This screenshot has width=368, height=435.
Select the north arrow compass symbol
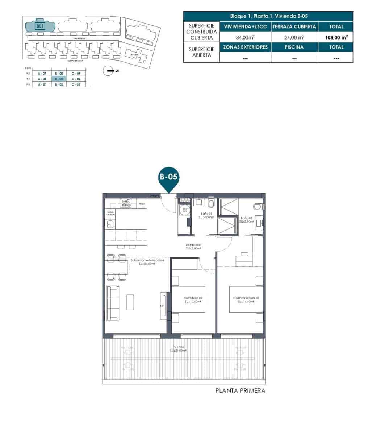click(108, 71)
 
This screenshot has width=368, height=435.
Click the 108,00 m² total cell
click(336, 37)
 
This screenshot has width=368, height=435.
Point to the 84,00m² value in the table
click(245, 37)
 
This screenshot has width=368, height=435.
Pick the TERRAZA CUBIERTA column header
click(294, 26)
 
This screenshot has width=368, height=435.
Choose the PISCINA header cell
click(294, 47)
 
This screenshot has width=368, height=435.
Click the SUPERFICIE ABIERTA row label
click(201, 52)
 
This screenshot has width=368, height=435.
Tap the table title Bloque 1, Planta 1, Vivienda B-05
click(268, 16)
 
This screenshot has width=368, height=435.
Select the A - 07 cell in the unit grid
click(42, 73)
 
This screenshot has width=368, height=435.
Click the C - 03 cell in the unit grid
click(76, 84)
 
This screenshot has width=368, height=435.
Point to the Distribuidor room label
click(193, 246)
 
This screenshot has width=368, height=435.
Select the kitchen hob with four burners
click(126, 204)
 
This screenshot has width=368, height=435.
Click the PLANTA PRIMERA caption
click(240, 391)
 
